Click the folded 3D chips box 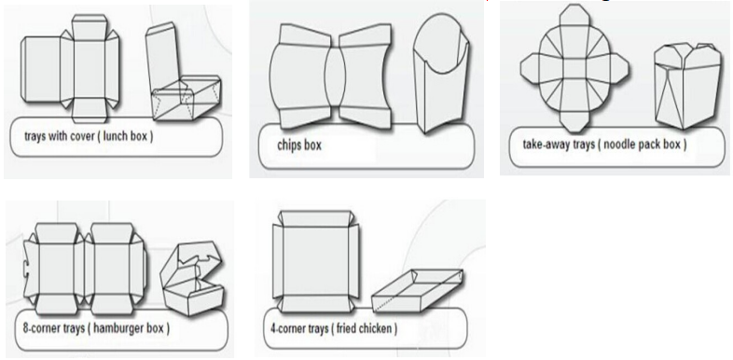441,74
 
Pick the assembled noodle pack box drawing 686,86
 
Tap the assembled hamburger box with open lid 192,278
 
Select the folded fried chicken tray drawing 418,290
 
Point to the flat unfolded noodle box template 574,69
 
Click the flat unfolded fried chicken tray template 316,261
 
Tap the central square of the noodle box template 574,69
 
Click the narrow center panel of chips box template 335,76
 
